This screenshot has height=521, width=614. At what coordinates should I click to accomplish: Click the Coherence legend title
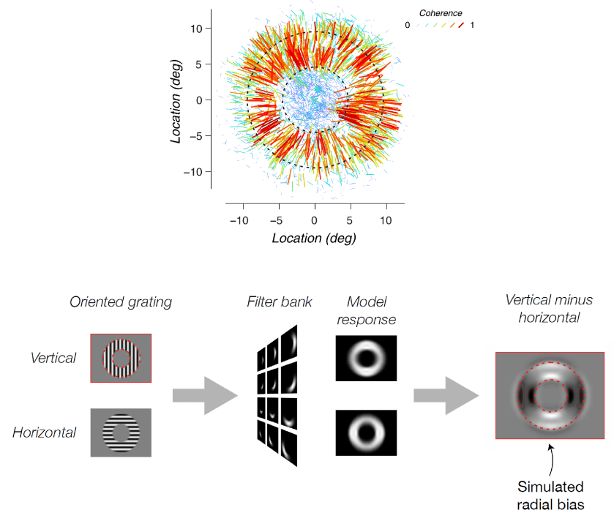[441, 13]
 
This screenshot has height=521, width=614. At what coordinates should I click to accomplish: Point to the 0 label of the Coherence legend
[407, 25]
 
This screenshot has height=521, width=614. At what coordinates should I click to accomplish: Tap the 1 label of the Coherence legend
[473, 25]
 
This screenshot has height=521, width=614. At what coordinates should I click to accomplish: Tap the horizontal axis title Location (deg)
[314, 238]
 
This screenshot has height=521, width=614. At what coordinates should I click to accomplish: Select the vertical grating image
[121, 358]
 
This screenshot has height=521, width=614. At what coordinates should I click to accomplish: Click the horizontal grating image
[121, 432]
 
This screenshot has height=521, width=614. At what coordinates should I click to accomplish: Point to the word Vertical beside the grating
[53, 358]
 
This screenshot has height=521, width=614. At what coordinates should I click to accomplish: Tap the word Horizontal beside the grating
[44, 432]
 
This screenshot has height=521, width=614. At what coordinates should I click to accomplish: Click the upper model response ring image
[366, 358]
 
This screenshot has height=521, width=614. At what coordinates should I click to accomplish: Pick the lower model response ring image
[366, 432]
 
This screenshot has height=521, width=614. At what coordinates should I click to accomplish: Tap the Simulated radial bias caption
[551, 494]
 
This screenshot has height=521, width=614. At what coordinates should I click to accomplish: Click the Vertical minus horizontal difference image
[550, 395]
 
